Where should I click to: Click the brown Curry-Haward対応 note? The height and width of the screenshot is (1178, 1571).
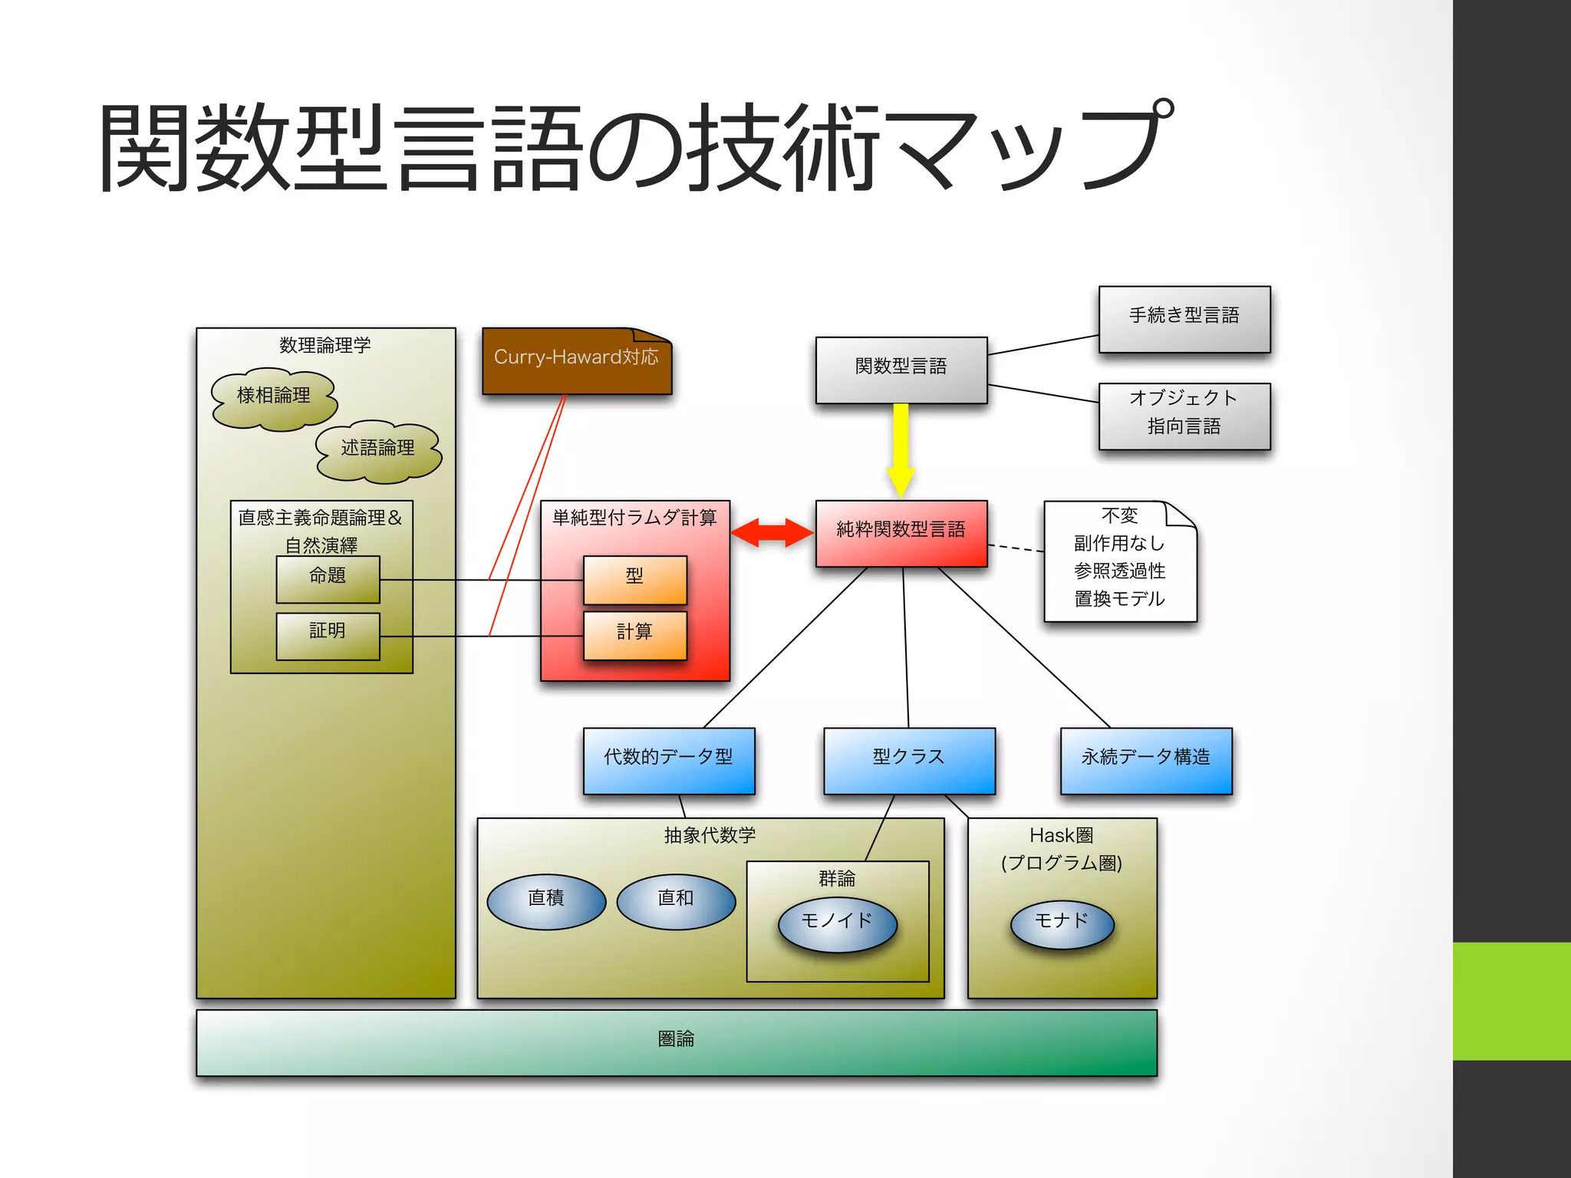click(577, 362)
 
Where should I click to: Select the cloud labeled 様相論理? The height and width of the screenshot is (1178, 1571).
click(274, 397)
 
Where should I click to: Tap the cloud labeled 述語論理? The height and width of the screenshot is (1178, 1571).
click(378, 450)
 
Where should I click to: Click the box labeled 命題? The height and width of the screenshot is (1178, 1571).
click(328, 579)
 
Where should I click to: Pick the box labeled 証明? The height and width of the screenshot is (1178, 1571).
click(328, 635)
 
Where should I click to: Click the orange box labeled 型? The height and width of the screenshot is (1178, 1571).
click(634, 579)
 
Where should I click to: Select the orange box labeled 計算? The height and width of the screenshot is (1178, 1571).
click(634, 635)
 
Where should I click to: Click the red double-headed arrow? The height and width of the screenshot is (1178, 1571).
click(772, 532)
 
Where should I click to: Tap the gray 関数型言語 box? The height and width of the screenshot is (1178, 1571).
click(901, 370)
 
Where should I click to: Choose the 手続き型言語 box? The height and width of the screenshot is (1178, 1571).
click(1184, 319)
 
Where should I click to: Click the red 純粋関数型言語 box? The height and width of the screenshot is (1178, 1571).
click(901, 533)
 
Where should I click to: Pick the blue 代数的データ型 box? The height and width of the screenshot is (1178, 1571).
click(668, 760)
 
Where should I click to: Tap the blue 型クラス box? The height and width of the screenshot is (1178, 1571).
click(909, 760)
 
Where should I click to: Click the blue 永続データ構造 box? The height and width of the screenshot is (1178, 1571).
click(1145, 760)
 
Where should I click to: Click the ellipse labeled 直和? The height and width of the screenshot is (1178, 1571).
click(675, 901)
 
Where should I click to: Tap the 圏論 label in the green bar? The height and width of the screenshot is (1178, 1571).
click(676, 1039)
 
